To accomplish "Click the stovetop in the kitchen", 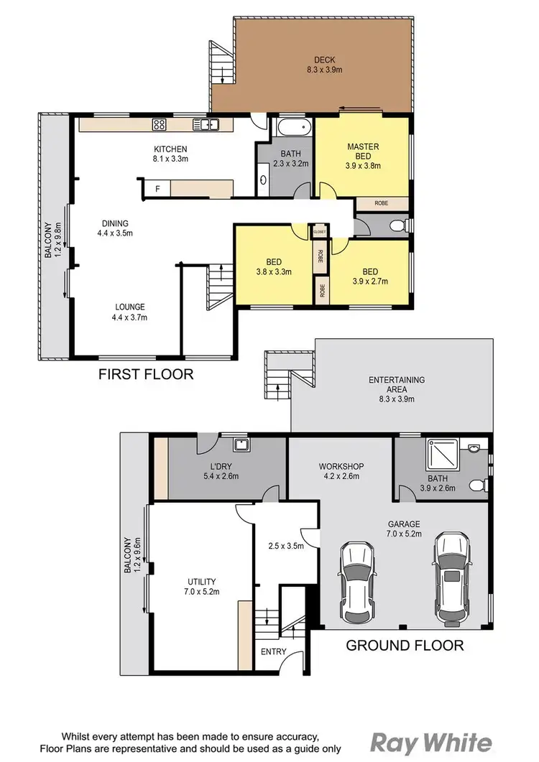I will [160, 125].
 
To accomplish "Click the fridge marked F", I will [158, 188].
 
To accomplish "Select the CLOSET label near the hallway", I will [318, 232].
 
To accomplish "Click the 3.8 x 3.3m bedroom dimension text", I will [273, 272].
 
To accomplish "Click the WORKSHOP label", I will [341, 467].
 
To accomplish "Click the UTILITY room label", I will [201, 581].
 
